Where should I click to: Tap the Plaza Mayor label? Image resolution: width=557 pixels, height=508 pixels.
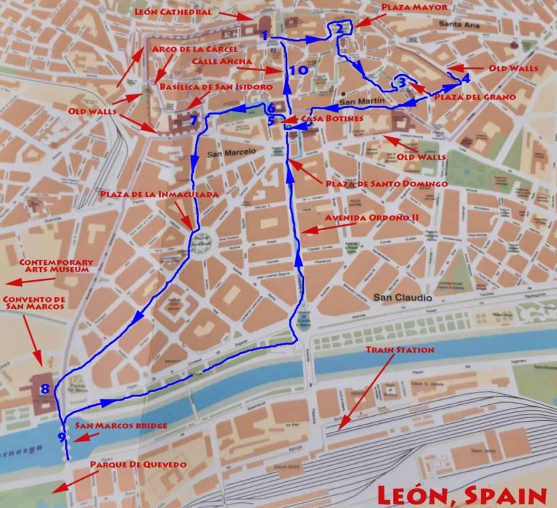(414, 7)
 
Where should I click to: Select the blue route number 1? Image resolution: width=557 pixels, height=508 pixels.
(265, 36)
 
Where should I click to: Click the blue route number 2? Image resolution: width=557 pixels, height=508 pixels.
(339, 29)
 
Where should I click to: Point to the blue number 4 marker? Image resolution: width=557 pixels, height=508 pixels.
(466, 78)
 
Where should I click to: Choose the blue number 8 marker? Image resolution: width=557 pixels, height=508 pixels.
(45, 390)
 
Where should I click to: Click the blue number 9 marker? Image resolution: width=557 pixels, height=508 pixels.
(62, 436)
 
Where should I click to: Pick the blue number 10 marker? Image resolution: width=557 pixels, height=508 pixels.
(298, 70)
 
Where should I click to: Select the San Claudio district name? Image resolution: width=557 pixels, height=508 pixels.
(403, 298)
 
